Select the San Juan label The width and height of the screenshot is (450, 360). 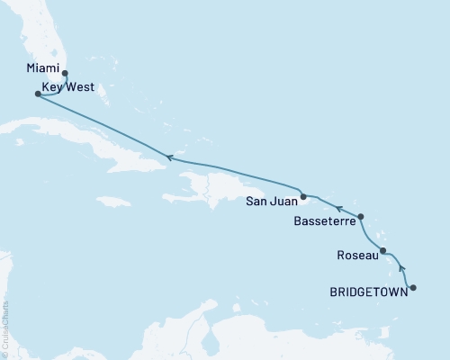(271, 202)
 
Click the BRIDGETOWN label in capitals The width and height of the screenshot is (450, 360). (369, 292)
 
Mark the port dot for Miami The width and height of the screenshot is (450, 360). (65, 75)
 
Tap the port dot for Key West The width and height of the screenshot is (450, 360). (37, 93)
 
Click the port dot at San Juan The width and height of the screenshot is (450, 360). (303, 196)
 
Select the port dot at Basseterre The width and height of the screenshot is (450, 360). (361, 217)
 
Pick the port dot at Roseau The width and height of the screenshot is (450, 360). (383, 251)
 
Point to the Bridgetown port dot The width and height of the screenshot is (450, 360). (413, 288)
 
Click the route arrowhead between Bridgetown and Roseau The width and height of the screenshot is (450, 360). (400, 267)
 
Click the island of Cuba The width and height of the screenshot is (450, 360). (108, 144)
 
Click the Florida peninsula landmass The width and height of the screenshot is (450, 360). (40, 36)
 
